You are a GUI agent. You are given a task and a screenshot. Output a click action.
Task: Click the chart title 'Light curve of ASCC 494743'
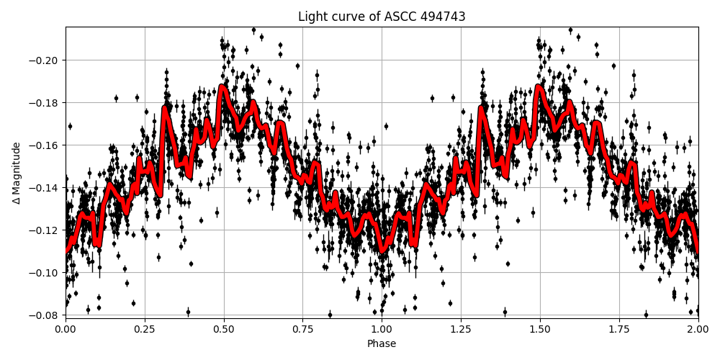(382, 17)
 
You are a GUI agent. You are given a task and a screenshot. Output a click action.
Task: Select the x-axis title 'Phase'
(382, 344)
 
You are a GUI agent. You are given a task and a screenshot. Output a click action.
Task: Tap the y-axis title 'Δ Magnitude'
(17, 173)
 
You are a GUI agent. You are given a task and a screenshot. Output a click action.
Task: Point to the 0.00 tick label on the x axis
(66, 329)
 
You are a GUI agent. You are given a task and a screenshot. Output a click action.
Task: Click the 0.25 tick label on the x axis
(145, 329)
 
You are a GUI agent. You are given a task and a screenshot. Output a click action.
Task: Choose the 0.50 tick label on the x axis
(224, 329)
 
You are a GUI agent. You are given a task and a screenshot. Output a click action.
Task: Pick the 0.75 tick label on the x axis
(302, 329)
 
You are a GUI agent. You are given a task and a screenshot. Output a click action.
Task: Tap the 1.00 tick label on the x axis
(382, 329)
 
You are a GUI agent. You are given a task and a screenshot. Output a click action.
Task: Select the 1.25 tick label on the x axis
(461, 329)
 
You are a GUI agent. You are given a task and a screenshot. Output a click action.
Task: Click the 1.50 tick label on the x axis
(540, 329)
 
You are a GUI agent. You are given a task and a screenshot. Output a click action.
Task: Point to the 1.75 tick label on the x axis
(619, 329)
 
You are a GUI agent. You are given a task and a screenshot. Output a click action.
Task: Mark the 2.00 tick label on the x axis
(698, 329)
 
